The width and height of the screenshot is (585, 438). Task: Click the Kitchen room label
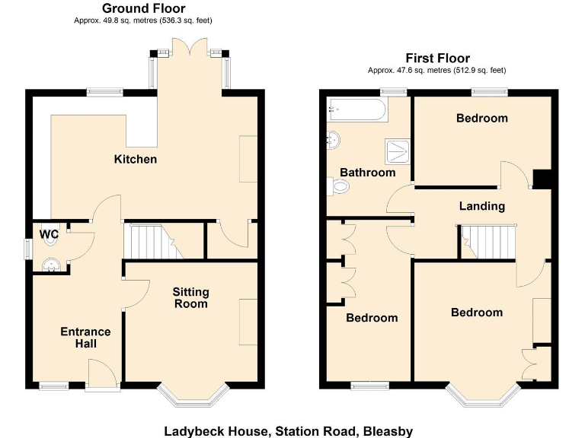[135, 159]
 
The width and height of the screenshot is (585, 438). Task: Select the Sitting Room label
[190, 298]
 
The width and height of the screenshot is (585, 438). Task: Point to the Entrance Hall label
[85, 338]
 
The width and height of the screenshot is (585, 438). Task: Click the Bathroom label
[367, 173]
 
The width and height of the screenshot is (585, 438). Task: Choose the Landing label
[481, 206]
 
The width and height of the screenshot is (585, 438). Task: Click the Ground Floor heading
[135, 8]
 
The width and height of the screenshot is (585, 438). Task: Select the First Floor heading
[437, 58]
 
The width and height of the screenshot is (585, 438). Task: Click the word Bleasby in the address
[385, 431]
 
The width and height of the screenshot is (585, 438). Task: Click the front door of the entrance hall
[101, 375]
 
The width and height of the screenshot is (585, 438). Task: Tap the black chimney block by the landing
[542, 178]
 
